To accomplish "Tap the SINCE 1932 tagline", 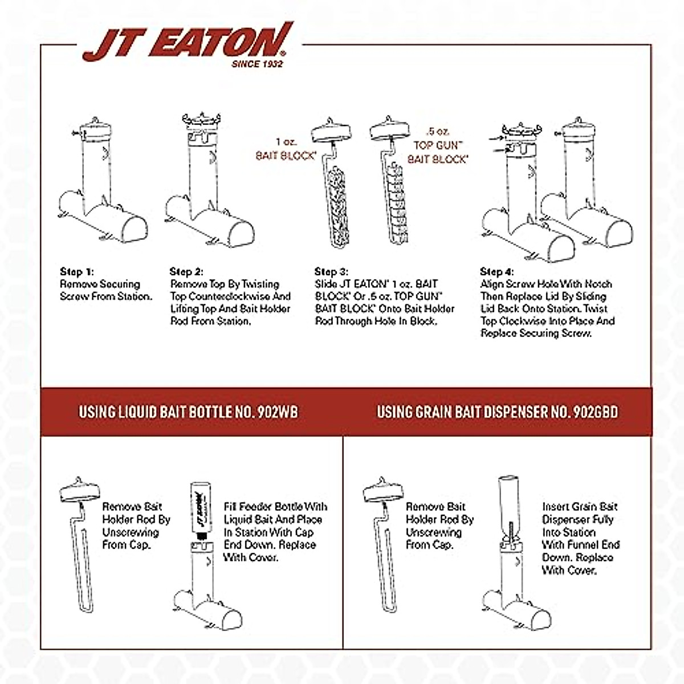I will tap(256, 64).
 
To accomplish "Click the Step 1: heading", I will tap(76, 272).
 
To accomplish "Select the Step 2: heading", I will tap(186, 272).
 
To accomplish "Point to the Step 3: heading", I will tap(331, 272).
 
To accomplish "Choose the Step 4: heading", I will tap(497, 271).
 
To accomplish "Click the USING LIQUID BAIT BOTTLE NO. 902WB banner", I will tap(188, 412).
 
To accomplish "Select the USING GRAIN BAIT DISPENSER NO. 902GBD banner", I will tap(497, 412).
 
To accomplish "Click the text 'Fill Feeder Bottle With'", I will tap(275, 507).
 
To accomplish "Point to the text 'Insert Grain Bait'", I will tap(579, 507).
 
